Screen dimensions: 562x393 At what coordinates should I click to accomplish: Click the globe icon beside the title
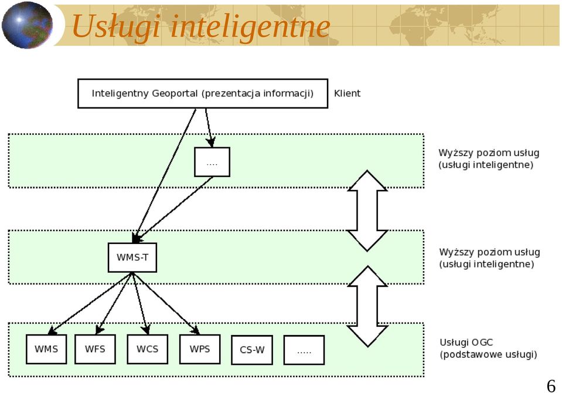[x=27, y=25]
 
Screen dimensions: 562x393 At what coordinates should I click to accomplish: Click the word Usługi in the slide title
[x=116, y=26]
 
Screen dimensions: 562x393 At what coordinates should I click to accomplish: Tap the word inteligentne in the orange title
[x=250, y=26]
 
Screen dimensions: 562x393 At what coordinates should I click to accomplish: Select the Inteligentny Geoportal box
[x=203, y=93]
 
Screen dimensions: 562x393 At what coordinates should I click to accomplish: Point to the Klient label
[x=347, y=93]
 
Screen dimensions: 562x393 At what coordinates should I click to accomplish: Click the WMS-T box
[x=132, y=258]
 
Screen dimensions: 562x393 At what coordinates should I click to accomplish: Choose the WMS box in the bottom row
[x=46, y=349]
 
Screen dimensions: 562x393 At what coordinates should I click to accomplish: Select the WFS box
[x=95, y=349]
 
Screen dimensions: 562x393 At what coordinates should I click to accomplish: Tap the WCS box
[x=147, y=349]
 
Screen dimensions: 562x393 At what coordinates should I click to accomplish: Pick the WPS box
[x=200, y=349]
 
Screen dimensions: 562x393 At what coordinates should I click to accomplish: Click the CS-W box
[x=252, y=350]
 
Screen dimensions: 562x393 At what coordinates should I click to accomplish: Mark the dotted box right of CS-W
[x=304, y=350]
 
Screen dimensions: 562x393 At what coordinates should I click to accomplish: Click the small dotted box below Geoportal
[x=212, y=162]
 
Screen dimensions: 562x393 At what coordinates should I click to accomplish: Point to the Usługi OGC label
[x=466, y=343]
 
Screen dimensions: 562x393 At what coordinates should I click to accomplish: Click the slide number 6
[x=551, y=386]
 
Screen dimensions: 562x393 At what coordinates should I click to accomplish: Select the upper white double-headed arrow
[x=367, y=211]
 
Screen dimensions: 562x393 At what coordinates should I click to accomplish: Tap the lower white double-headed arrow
[x=367, y=306]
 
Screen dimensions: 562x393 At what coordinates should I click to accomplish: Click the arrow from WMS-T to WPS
[x=166, y=304]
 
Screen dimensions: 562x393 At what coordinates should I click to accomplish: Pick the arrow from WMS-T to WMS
[x=90, y=304]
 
